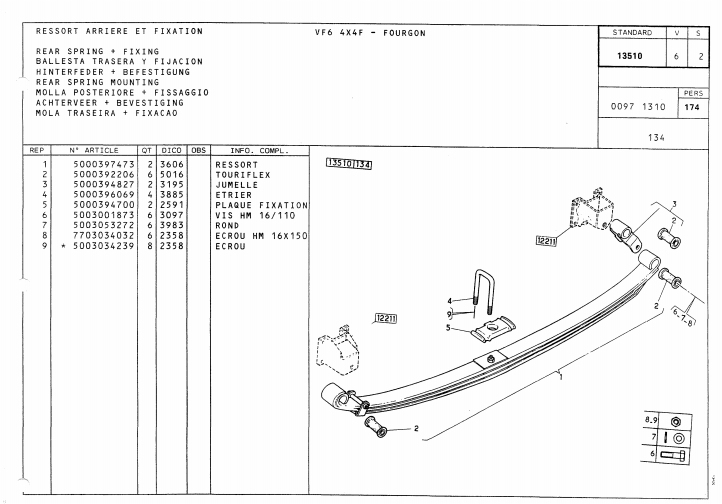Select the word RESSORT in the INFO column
point(236,165)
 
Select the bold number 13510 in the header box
point(630,57)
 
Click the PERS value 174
point(689,105)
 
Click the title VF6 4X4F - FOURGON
point(369,33)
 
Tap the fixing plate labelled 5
point(492,325)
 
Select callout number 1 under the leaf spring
point(561,377)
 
